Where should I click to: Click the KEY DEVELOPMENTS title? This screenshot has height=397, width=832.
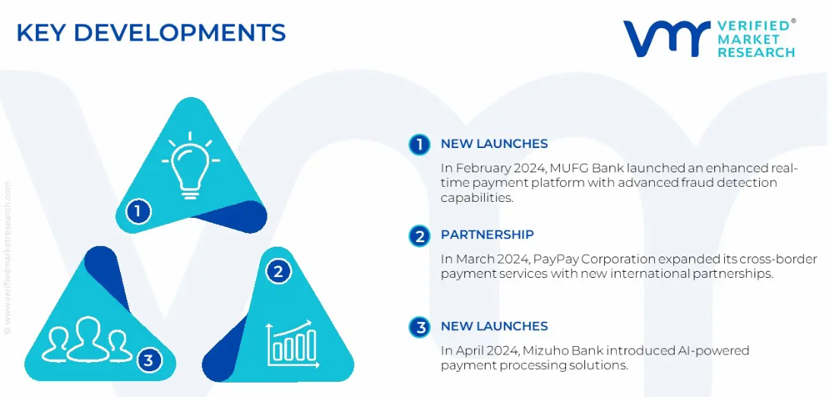[151, 33]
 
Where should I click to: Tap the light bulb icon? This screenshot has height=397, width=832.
[191, 166]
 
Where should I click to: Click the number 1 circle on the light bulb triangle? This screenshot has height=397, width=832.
[138, 212]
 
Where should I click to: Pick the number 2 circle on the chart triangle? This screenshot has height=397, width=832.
[278, 273]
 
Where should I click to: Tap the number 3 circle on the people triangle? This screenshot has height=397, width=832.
[149, 361]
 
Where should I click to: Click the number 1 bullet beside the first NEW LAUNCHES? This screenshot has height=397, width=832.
[419, 145]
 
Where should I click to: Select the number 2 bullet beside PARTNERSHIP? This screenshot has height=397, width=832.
[419, 236]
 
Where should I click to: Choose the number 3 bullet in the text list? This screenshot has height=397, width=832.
[419, 327]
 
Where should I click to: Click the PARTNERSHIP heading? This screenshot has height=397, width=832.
[487, 235]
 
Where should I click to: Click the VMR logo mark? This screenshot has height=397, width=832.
[666, 39]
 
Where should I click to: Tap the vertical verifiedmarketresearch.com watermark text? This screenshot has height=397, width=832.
[7, 258]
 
